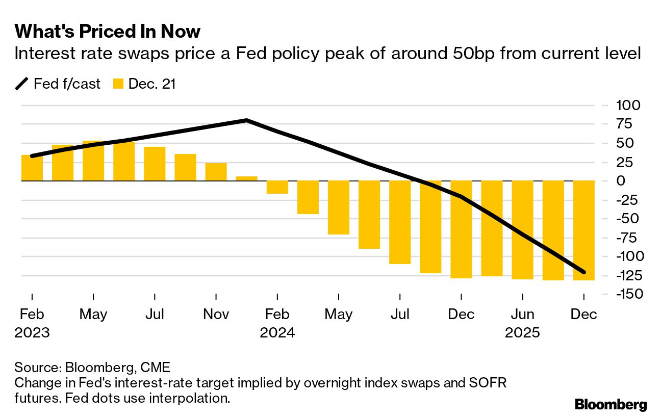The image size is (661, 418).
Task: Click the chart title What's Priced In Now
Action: point(108,32)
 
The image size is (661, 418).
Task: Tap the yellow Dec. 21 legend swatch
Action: point(118,84)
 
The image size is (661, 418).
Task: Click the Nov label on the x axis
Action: point(216,315)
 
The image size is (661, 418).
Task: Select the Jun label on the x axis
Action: point(522,315)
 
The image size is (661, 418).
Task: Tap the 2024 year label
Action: point(277,333)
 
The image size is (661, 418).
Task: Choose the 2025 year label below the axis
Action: point(522,333)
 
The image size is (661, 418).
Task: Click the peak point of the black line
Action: point(247,120)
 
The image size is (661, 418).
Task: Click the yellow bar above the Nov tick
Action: point(216,172)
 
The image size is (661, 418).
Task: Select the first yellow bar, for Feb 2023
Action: point(32,168)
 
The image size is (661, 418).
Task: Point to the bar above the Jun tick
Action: point(522,230)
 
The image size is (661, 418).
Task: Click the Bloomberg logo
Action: point(611,405)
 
